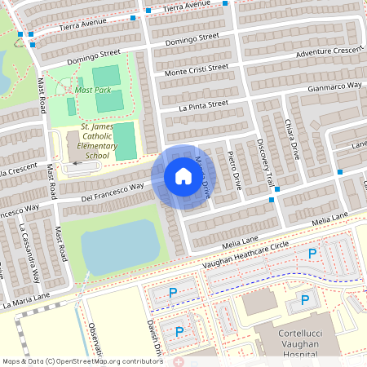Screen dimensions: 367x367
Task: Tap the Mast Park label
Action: point(92,90)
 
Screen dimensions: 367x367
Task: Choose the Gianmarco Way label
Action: point(334,86)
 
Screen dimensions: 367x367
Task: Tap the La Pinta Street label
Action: point(193,104)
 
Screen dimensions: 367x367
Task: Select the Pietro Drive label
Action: point(234,170)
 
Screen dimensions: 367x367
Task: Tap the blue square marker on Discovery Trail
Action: point(277,189)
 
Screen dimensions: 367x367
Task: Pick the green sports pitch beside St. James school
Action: point(124,141)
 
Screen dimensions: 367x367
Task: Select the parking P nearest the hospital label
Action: point(305,299)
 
